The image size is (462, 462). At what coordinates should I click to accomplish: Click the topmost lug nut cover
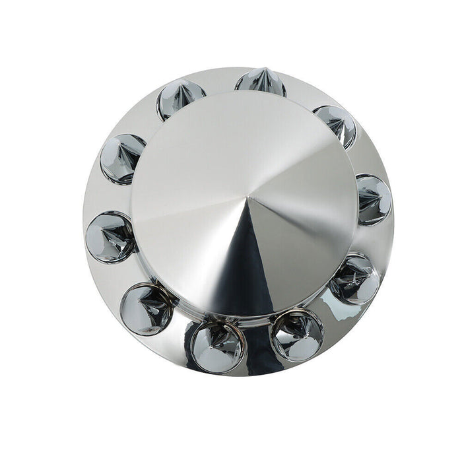260,83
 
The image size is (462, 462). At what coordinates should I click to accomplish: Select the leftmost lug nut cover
110,237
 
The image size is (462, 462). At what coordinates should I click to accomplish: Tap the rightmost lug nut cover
374,199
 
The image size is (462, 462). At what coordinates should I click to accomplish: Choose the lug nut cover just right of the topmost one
336,125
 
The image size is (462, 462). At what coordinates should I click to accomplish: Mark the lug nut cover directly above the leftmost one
123,158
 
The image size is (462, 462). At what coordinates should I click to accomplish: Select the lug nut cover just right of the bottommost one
297,335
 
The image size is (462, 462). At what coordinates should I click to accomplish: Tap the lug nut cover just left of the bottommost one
146,308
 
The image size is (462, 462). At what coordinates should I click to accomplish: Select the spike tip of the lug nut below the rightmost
360,278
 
